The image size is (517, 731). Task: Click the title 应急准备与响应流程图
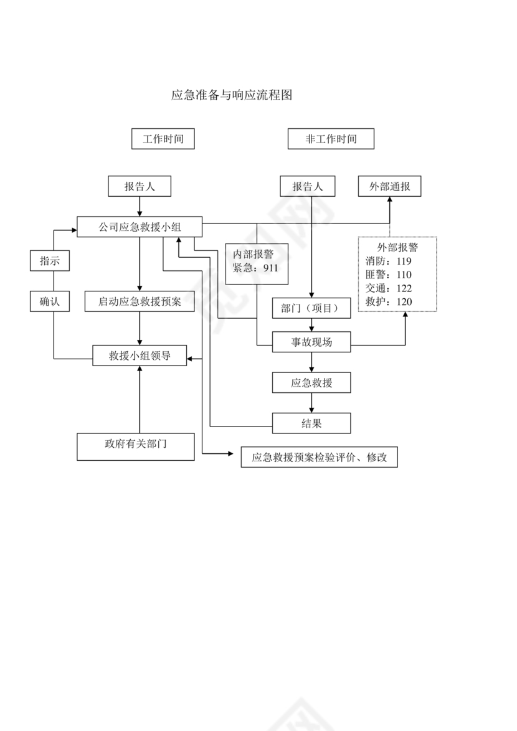[232, 95]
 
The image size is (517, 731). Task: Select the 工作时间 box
[163, 139]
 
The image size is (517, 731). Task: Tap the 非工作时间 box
[331, 139]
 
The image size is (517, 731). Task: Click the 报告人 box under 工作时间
[140, 186]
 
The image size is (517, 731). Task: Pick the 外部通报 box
[389, 186]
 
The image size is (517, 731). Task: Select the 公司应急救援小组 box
[140, 227]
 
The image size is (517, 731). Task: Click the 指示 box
[50, 261]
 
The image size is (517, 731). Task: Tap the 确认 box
[50, 302]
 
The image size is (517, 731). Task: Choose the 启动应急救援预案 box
[140, 302]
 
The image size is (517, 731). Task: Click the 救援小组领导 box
[140, 356]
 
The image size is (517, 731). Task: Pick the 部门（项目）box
[312, 307]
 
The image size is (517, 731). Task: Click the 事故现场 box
[312, 341]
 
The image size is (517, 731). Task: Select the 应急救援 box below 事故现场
[312, 382]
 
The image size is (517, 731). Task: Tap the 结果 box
[312, 423]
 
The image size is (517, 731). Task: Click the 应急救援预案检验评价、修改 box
[320, 458]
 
